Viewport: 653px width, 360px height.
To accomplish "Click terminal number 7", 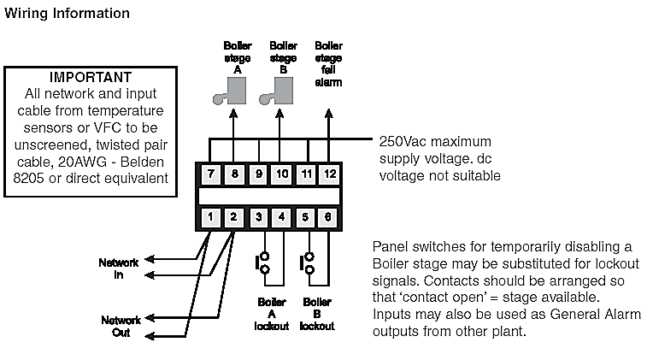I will (x=211, y=174).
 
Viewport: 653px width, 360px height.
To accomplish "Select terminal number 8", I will (x=235, y=174).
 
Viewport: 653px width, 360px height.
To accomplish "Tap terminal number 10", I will (x=283, y=174).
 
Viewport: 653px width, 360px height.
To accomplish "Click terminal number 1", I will (x=211, y=217).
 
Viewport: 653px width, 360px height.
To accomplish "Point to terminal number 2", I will (x=235, y=217).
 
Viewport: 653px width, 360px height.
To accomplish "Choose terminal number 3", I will (x=259, y=217).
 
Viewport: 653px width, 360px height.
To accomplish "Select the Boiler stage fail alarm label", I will (x=328, y=64).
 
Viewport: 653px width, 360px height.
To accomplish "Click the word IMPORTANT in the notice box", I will (x=91, y=76).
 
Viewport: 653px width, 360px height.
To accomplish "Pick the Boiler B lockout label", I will (x=318, y=314).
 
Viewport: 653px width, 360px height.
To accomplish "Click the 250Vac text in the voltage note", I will (x=401, y=141).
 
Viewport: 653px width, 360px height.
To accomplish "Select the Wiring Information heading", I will (x=68, y=14).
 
